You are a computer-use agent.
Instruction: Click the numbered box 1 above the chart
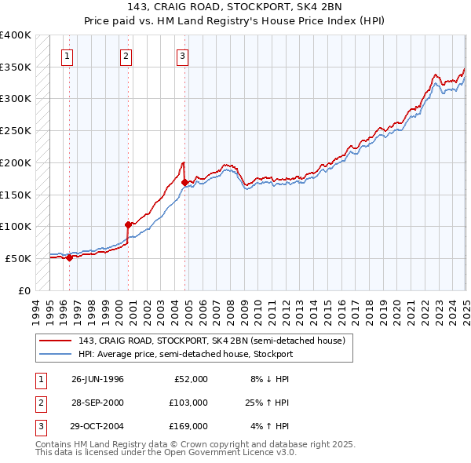click(x=68, y=56)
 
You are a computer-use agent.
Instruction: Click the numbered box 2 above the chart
click(x=126, y=56)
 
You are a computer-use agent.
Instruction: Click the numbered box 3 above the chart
click(x=182, y=56)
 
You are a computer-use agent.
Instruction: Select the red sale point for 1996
click(x=69, y=257)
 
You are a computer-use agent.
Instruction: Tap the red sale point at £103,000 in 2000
click(x=128, y=224)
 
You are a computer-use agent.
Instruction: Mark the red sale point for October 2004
click(x=184, y=182)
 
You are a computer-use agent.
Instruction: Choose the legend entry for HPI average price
click(x=185, y=354)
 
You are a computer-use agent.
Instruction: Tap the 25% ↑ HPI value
click(x=267, y=403)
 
